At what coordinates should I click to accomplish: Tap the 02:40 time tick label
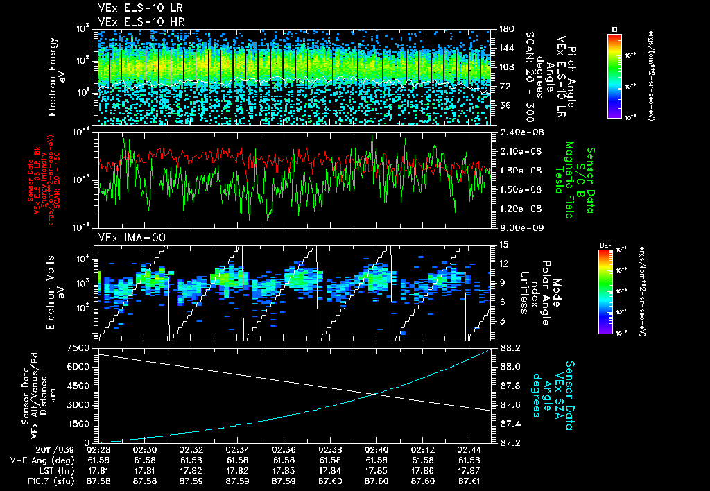(376, 450)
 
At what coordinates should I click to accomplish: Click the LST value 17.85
(376, 470)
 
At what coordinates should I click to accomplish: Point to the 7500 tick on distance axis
(79, 347)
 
